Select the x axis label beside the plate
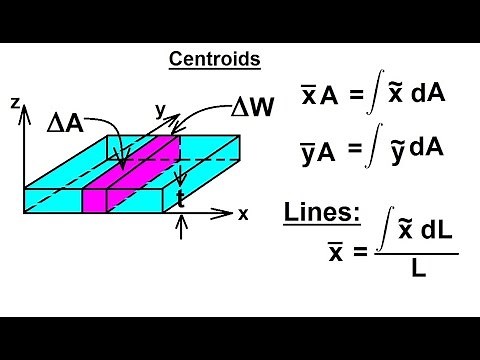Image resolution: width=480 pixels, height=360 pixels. pos(243,213)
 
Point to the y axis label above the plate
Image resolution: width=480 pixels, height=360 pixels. pos(159,108)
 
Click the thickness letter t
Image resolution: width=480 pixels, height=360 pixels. pos(180,198)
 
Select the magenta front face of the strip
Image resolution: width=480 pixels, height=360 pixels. pos(94,199)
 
